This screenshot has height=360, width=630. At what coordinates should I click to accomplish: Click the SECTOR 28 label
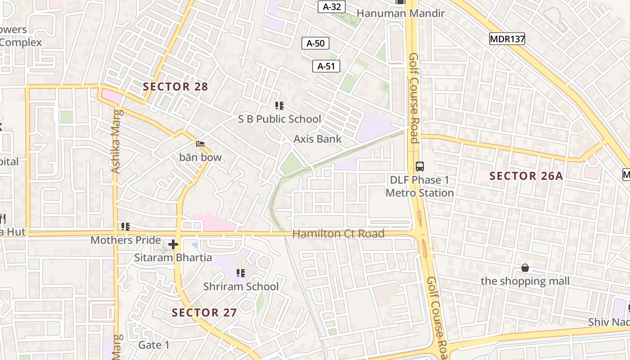click(175, 86)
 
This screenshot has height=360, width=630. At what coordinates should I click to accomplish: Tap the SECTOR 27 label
click(204, 312)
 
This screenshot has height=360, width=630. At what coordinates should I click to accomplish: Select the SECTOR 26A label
click(526, 176)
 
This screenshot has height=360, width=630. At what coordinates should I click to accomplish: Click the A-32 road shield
click(332, 7)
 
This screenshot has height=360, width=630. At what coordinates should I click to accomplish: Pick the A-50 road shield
click(315, 43)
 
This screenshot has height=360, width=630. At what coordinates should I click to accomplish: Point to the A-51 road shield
click(326, 66)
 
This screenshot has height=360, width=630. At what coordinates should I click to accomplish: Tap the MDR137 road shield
click(507, 39)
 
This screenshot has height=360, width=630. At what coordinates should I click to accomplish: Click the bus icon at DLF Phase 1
click(419, 166)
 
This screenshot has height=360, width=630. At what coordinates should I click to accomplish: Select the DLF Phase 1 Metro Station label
click(419, 186)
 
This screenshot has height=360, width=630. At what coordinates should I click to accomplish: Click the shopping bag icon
click(525, 268)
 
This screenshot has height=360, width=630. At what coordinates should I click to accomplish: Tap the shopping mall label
click(525, 281)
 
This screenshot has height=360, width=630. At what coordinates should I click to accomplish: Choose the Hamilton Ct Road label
click(338, 234)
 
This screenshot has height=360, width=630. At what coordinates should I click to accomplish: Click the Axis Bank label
click(318, 139)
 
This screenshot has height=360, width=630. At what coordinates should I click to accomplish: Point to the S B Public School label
click(279, 119)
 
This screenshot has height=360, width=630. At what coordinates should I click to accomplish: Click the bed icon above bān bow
click(200, 144)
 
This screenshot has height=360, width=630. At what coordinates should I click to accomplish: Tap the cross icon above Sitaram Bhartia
click(173, 245)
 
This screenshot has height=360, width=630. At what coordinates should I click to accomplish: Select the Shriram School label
click(241, 287)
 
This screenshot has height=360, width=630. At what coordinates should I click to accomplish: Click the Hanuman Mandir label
click(400, 13)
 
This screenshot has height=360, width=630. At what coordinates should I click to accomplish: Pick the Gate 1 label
click(154, 345)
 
